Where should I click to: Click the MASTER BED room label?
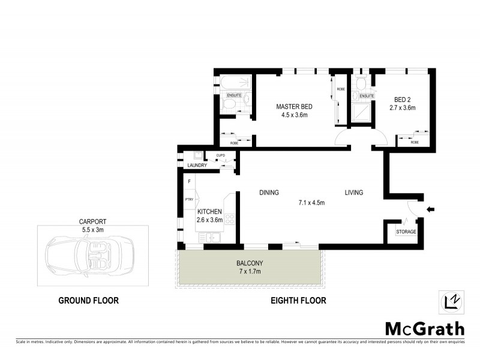point(294,107)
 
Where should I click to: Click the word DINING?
point(269,193)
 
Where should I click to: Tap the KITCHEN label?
point(209,212)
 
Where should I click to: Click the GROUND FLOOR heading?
point(88,301)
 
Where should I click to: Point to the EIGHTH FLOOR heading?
point(298,301)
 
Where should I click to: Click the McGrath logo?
point(424,328)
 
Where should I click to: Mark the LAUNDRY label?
point(197,166)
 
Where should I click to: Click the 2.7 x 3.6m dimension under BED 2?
point(403,108)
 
